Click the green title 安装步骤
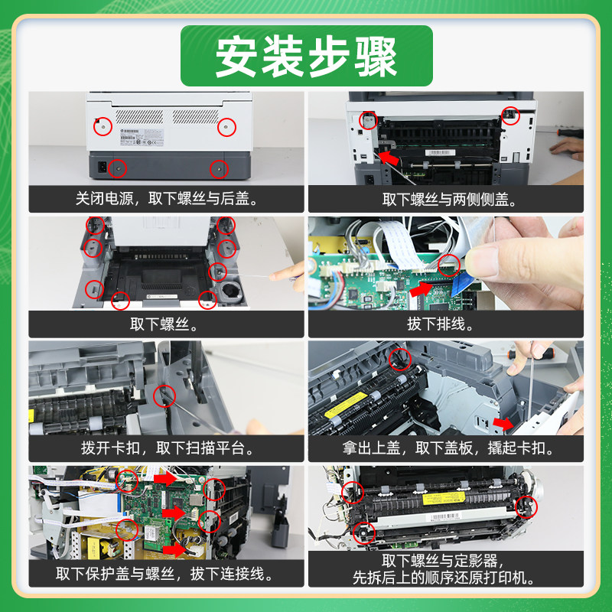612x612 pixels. coord(306,56)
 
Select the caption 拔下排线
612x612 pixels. coord(445,324)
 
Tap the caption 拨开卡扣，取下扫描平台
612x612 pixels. coord(168,448)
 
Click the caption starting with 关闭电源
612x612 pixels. coord(168,199)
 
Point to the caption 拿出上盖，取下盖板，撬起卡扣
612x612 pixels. coord(445,448)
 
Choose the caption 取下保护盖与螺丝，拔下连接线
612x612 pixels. coord(168,572)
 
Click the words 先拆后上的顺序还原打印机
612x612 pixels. coord(445,578)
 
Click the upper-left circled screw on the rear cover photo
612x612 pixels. coord(103,125)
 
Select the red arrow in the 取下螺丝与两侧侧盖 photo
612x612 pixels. coord(390,158)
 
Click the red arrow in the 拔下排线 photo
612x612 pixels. coord(421,290)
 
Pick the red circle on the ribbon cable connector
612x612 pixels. coord(450,265)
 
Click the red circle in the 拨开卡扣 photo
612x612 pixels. coord(164,396)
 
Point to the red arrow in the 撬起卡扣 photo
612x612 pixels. coord(503,422)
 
